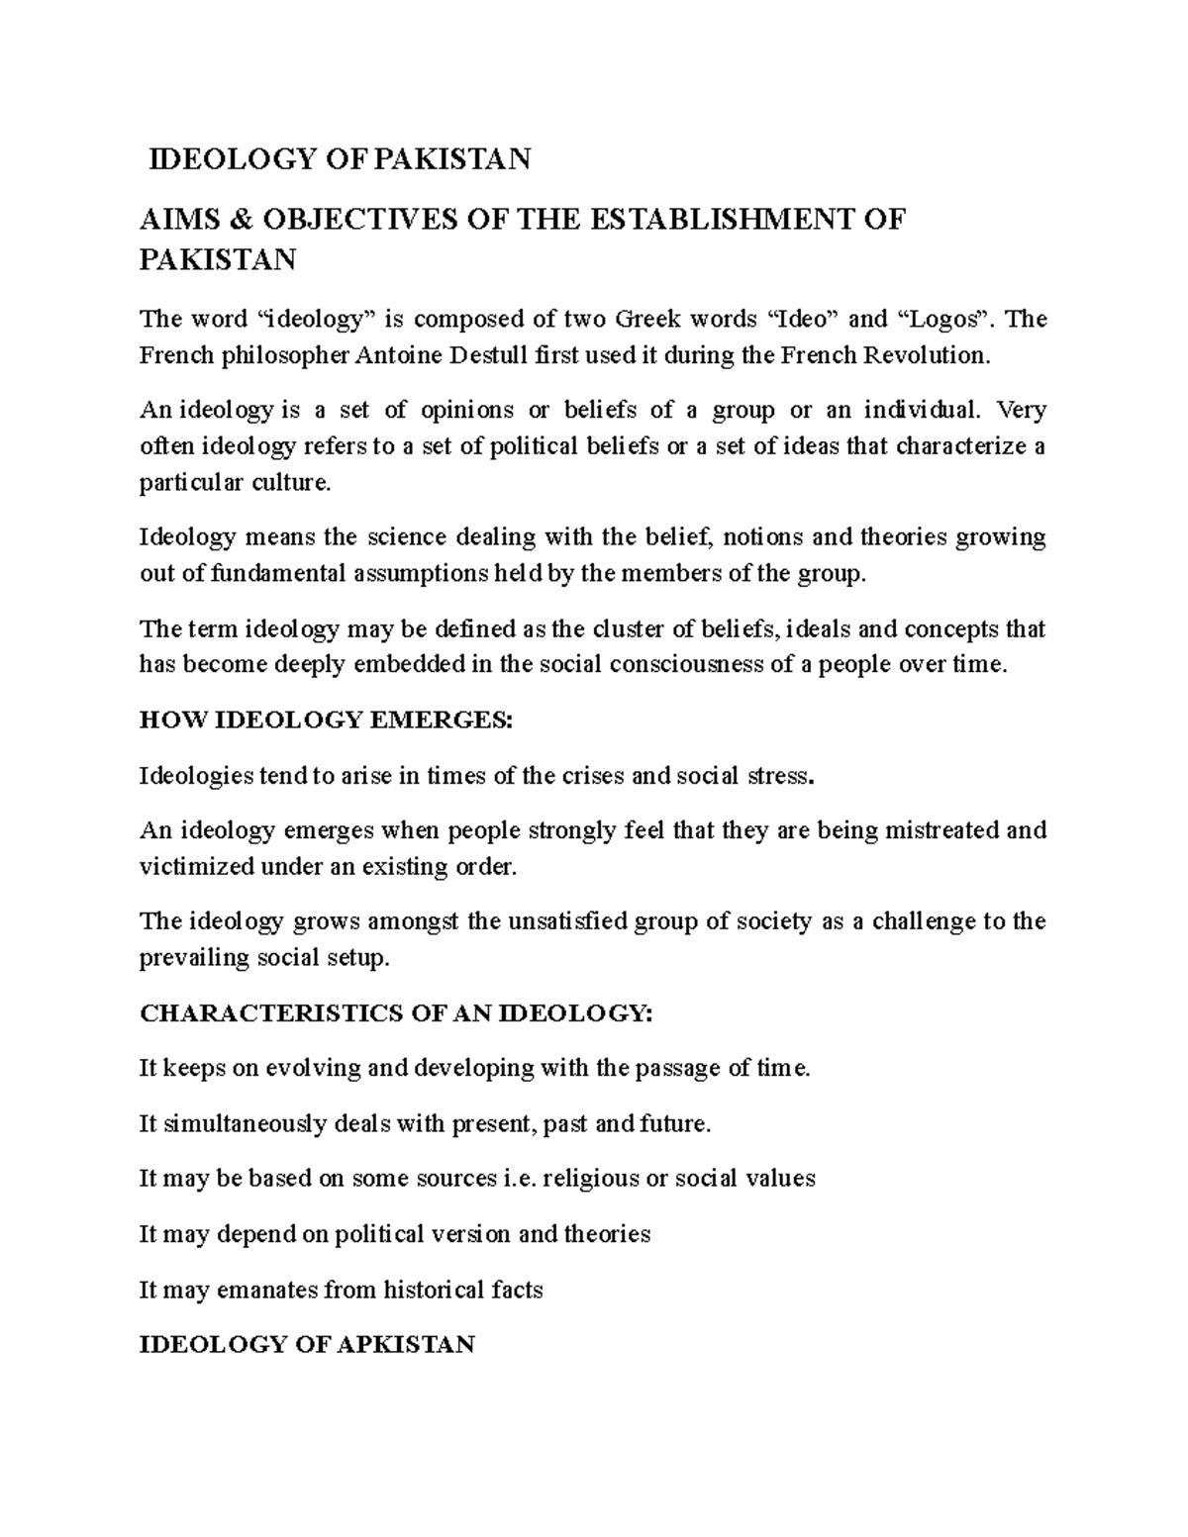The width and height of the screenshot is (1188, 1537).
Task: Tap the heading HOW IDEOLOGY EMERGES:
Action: (327, 720)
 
